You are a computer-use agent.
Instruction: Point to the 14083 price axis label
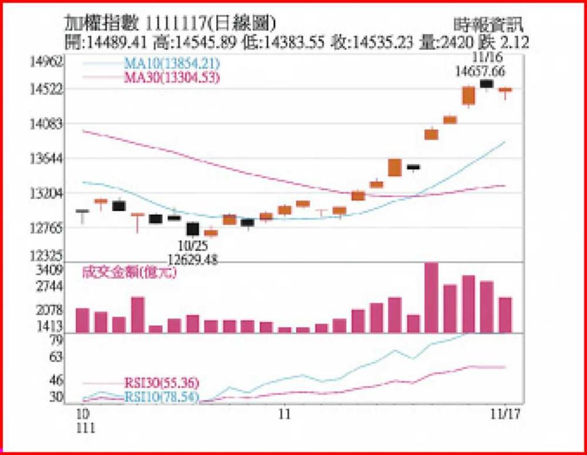[47, 124]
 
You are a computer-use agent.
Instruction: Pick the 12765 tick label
[47, 229]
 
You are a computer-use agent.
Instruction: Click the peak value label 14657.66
[480, 71]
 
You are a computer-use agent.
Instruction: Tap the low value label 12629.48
[193, 259]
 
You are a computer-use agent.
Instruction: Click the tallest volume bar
[431, 297]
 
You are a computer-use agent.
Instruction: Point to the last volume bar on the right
[505, 314]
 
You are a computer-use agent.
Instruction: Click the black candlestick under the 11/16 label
[487, 84]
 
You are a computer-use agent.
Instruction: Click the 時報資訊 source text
[488, 25]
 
